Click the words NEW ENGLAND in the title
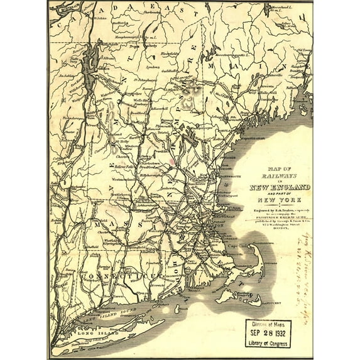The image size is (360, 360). (x=280, y=188)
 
